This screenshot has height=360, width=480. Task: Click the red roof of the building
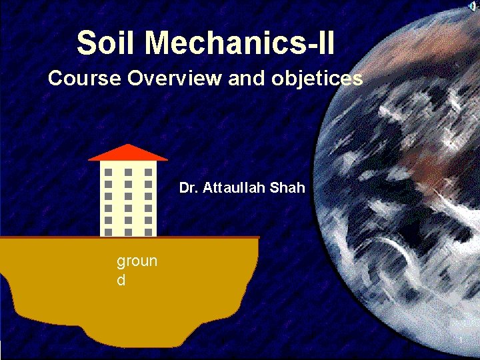(x=128, y=153)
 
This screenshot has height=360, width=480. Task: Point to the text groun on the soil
(x=137, y=261)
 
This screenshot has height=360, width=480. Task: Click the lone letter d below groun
(x=121, y=280)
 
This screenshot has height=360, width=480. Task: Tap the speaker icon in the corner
(x=471, y=6)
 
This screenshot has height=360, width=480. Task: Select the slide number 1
(x=461, y=342)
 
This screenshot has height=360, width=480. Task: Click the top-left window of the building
(x=109, y=172)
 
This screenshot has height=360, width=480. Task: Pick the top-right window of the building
(x=148, y=172)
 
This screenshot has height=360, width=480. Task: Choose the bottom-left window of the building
(x=109, y=231)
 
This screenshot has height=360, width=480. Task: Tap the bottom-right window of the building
(x=148, y=231)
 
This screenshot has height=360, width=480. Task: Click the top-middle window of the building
(x=128, y=172)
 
